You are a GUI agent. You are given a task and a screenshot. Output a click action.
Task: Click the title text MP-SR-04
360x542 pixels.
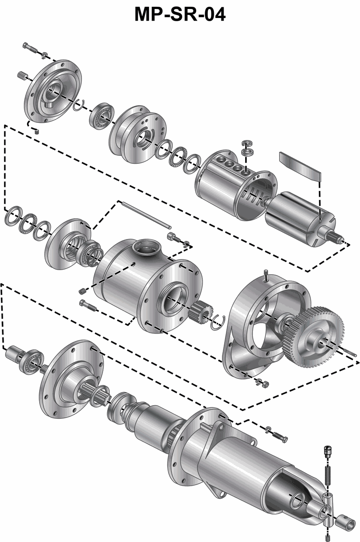click(180, 14)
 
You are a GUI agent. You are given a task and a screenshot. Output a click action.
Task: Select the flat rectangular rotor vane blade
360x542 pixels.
click(300, 167)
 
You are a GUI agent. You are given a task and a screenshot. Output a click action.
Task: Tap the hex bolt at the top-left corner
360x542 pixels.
click(30, 48)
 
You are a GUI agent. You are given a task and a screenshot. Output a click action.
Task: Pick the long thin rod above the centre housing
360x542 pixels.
click(147, 216)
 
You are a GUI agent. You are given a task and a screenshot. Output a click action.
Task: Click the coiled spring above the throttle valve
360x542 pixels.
click(327, 474)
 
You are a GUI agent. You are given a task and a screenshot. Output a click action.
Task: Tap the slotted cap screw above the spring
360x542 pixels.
click(328, 452)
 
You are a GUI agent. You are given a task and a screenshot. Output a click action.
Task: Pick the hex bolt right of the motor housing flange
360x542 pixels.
click(281, 437)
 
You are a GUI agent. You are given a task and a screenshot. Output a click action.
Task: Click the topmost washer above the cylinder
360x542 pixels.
click(247, 143)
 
